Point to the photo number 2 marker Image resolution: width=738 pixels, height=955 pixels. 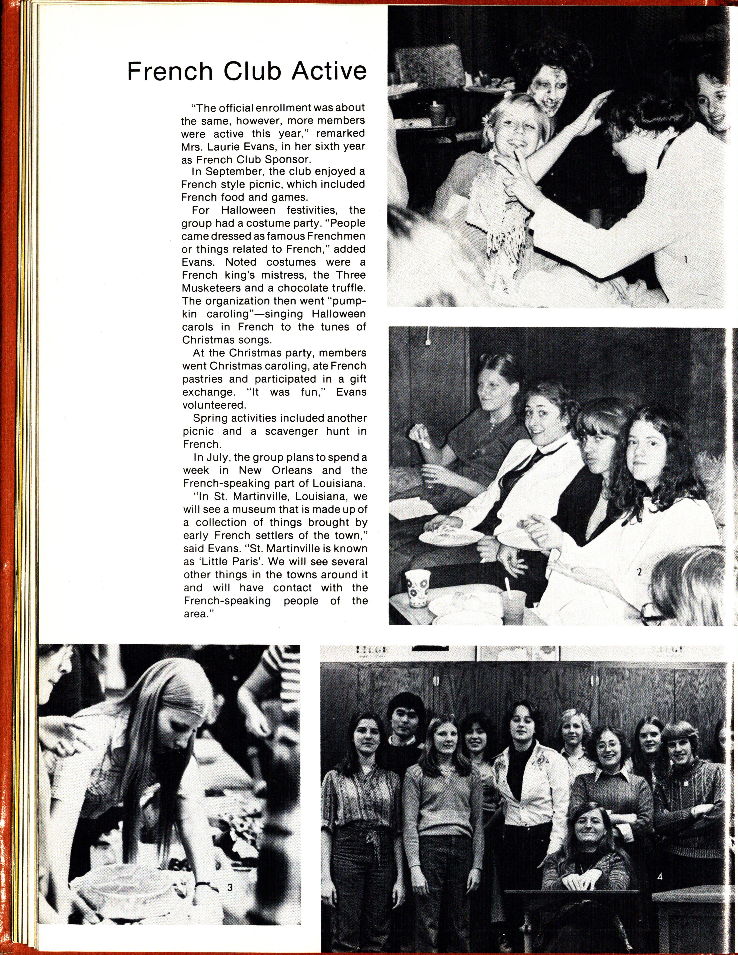coord(639,572)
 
